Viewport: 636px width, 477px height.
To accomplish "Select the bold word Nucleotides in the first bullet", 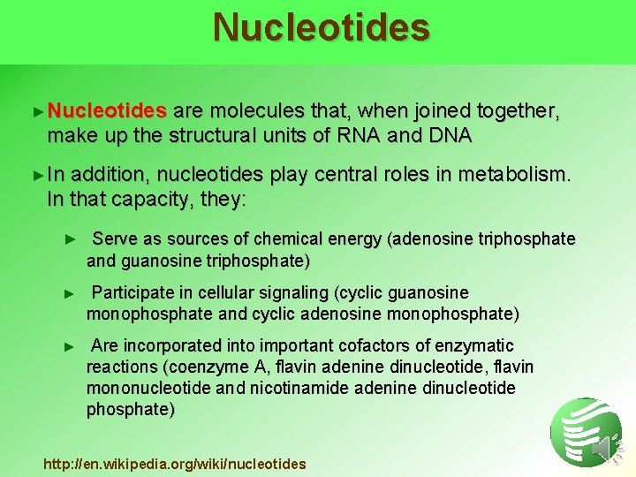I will (x=107, y=111).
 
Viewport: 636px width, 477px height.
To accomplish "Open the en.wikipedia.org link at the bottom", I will (x=175, y=464).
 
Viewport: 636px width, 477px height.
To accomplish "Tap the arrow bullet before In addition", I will (x=36, y=176).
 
